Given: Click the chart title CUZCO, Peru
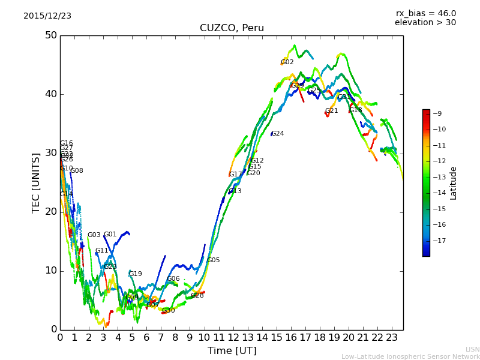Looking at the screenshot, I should click(x=232, y=28).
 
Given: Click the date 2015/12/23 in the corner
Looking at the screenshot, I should click(x=47, y=16).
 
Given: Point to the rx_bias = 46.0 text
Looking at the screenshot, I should click(x=425, y=14).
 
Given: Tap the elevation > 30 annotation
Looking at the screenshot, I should click(x=425, y=23).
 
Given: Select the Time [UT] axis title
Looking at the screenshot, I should click(x=232, y=351).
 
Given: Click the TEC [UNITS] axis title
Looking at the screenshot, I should click(x=36, y=182).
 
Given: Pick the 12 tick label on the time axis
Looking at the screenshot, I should click(x=233, y=338).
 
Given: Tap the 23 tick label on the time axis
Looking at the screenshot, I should click(x=392, y=338).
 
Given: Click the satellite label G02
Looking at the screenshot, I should click(x=287, y=62).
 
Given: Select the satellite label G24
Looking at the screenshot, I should click(x=278, y=134).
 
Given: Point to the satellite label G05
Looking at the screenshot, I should click(x=214, y=260).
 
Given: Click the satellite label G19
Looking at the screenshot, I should click(x=136, y=274).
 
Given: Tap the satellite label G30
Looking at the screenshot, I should click(x=169, y=311).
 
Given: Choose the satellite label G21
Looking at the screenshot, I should click(x=332, y=111).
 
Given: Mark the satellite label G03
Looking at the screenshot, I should click(x=94, y=235).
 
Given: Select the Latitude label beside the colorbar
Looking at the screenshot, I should click(x=454, y=183).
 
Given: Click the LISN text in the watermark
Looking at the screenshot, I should click(x=472, y=349).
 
